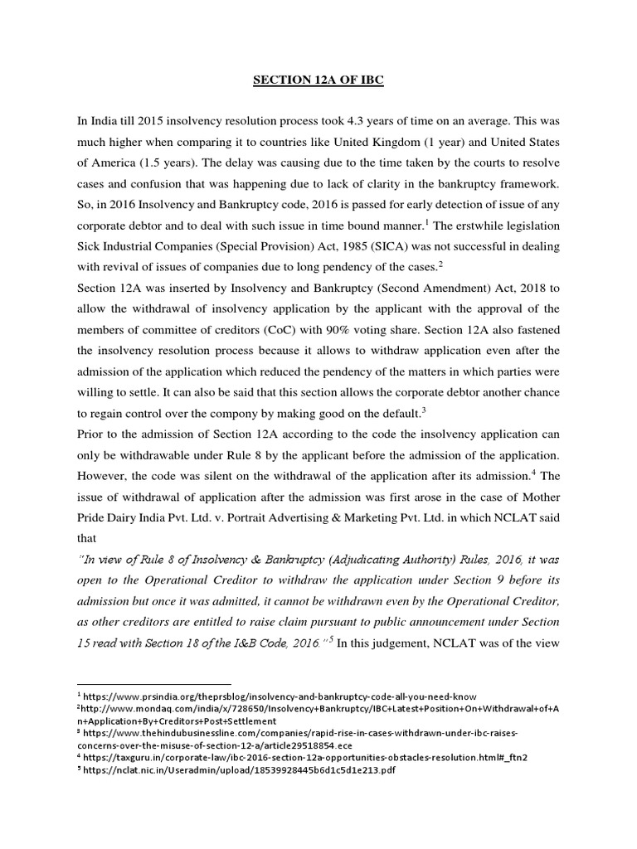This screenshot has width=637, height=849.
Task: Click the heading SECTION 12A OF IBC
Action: tap(318, 84)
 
